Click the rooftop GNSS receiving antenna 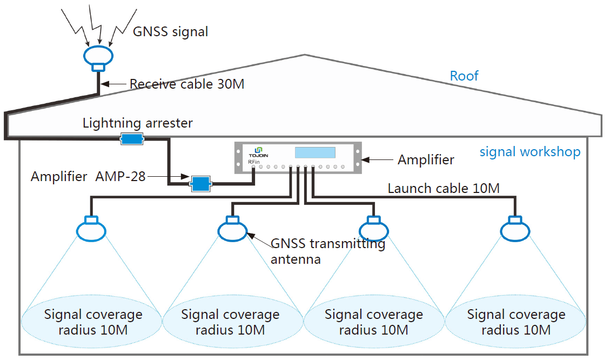pos(98,56)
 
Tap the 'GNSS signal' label pos(170,31)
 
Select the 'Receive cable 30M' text pos(187,84)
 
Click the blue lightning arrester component pos(131,139)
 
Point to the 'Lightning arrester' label pos(137,123)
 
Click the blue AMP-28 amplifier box pos(200,184)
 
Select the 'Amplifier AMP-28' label pos(88,176)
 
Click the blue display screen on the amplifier pos(315,153)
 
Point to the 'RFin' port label pos(253,162)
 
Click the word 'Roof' pos(464,76)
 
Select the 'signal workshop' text pos(529,152)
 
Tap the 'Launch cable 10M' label pos(443,189)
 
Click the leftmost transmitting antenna pos(91,229)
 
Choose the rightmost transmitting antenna pos(516,229)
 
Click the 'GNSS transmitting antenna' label pos(327,251)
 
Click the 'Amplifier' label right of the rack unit pos(426,159)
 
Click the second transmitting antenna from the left pos(233,229)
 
